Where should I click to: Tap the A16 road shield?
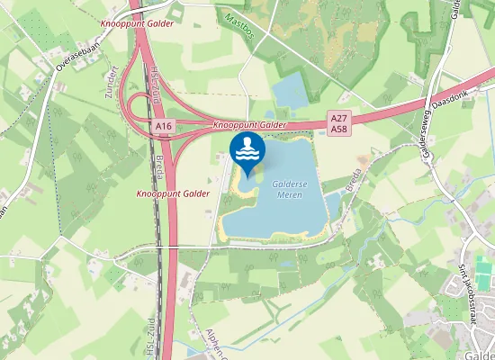tap(163, 128)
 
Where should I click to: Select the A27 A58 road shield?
tap(339, 123)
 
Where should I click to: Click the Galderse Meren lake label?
tap(289, 187)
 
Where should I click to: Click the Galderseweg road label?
tap(430, 135)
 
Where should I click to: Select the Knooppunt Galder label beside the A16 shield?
tap(250, 125)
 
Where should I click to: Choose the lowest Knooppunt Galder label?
tap(173, 193)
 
